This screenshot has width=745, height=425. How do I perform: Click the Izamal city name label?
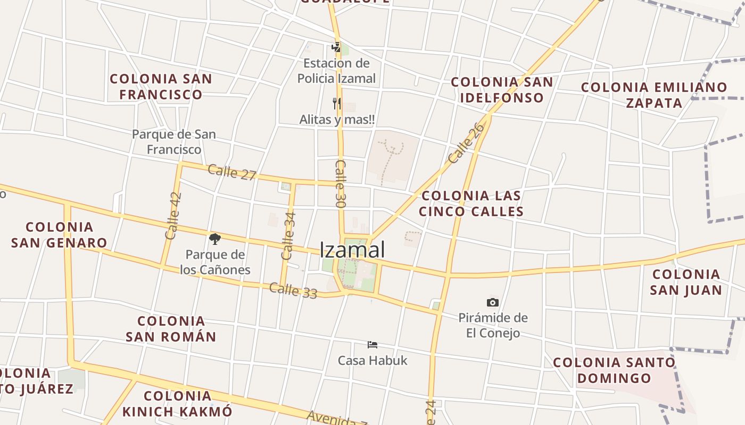[352, 250]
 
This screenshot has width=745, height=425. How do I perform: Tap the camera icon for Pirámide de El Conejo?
[493, 302]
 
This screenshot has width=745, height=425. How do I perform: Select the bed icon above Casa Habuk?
[372, 345]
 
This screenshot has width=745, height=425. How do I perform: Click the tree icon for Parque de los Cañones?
[215, 239]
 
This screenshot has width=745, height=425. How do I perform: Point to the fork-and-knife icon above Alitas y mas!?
[336, 103]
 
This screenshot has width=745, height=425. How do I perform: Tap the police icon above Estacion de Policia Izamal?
[336, 47]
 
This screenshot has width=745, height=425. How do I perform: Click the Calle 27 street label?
[232, 172]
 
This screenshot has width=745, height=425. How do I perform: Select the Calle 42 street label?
[173, 215]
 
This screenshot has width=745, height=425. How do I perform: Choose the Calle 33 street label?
[293, 290]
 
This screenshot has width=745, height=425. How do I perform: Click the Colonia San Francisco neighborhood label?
[161, 87]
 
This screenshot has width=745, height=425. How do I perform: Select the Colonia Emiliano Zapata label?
[654, 95]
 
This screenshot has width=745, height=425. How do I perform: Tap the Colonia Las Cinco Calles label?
[471, 203]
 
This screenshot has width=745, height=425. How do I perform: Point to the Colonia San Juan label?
[686, 282]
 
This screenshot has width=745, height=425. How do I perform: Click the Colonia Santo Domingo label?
[614, 370]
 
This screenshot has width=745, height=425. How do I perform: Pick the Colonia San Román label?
[171, 329]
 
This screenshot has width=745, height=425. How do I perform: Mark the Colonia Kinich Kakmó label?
[177, 403]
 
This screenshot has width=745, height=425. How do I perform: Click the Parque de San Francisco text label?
[174, 142]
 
